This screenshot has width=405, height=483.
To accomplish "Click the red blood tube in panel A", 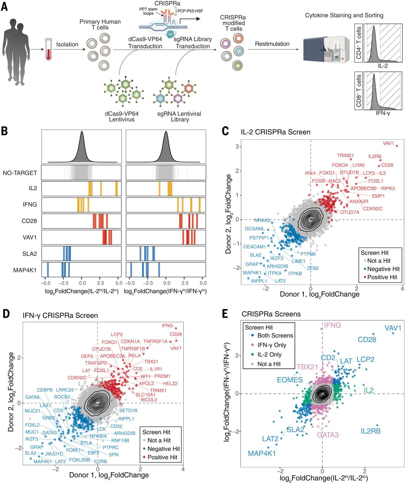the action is point(48,49).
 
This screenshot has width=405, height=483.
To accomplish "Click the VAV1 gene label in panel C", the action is point(388,143).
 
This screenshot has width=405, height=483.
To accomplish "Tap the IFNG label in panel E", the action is point(333,325).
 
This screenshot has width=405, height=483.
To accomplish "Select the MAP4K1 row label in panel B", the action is point(25,270).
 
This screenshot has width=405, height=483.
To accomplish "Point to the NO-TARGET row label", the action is point(20,173).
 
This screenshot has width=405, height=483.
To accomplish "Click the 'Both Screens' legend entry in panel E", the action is point(272,335).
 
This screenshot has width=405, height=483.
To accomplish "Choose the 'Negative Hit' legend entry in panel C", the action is point(381,269).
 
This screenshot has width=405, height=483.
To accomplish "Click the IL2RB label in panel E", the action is point(371,431).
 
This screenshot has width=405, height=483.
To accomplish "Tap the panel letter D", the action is point(6,314).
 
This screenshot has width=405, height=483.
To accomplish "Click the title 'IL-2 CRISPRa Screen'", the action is point(276,132).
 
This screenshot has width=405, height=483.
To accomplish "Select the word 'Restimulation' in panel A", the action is point(272,44).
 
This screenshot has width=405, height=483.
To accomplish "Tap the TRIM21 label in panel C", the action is point(345,156).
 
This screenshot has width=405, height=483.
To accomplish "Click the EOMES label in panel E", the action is point(290,380).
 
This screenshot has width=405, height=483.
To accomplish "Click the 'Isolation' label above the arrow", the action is point(67,44).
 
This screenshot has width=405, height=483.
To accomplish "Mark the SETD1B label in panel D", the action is point(128,410).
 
